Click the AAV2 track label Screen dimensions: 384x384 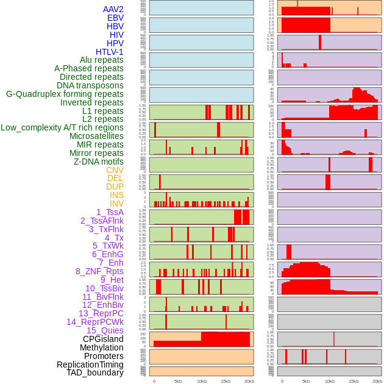click(x=113, y=9)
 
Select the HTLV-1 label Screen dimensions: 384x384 click(x=110, y=52)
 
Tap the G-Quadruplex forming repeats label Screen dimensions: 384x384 click(x=65, y=94)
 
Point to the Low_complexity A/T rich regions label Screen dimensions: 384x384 click(x=62, y=127)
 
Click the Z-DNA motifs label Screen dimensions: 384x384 click(x=99, y=162)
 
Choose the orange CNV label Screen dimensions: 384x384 click(x=115, y=170)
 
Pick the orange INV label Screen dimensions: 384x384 click(x=116, y=204)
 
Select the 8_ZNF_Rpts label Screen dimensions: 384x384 click(x=99, y=271)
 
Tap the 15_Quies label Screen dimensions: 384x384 click(x=105, y=330)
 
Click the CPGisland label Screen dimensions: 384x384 click(x=103, y=339)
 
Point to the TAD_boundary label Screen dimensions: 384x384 click(x=95, y=372)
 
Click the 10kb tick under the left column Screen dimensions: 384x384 click(x=202, y=381)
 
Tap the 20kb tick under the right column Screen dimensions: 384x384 click(x=377, y=381)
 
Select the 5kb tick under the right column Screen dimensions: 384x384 click(x=306, y=381)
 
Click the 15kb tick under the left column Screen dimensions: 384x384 click(x=226, y=381)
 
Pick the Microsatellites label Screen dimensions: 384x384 click(x=96, y=136)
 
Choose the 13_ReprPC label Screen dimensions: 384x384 click(x=101, y=313)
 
